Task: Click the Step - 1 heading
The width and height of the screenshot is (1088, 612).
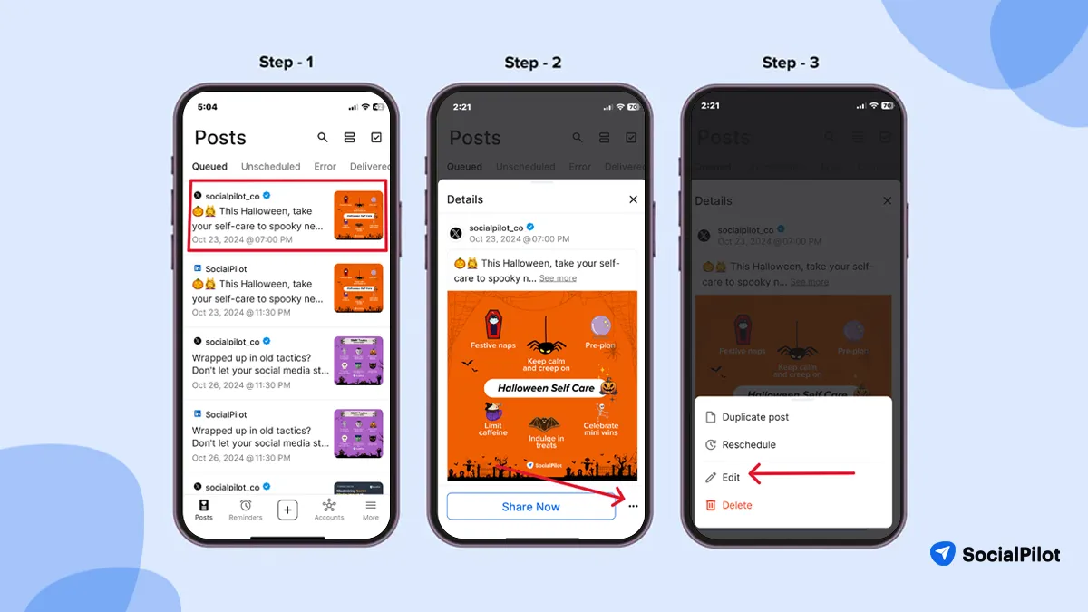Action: pos(286,63)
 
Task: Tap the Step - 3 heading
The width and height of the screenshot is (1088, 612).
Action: pos(791,63)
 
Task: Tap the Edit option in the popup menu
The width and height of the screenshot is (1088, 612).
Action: pos(732,477)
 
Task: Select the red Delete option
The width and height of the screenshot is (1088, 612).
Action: pos(736,505)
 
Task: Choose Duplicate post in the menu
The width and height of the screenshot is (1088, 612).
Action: pos(754,417)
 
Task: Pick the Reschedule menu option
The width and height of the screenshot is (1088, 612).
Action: pos(748,444)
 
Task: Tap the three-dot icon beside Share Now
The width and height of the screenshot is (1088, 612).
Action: pos(633,507)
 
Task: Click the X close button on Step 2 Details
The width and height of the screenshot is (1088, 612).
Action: pos(633,199)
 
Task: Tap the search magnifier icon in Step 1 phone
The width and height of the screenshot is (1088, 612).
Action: pos(323,138)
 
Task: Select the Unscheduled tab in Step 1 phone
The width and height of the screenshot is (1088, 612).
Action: pos(270,167)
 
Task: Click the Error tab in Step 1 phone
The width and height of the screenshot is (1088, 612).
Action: pos(325,167)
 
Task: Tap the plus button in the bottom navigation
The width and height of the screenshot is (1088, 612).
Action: pos(287,510)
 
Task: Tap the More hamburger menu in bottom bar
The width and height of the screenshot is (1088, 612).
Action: pos(371,509)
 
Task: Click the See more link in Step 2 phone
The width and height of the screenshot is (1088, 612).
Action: pos(558,278)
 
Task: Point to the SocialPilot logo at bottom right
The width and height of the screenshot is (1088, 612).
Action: pos(995,554)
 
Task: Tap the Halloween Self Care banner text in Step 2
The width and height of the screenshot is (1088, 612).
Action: pos(546,388)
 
